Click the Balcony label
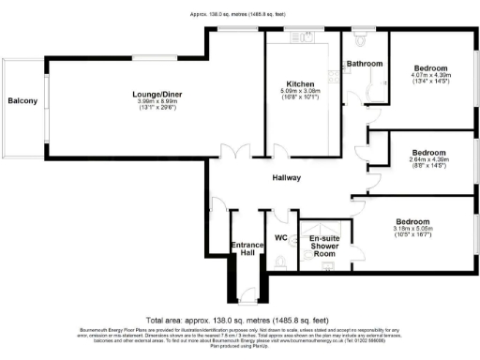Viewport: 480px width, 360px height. tap(22, 100)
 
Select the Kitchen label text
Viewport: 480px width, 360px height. tap(300, 84)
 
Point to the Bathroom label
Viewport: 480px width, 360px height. tap(365, 64)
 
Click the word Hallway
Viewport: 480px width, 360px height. tap(286, 177)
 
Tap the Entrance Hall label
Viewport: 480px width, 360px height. tap(247, 249)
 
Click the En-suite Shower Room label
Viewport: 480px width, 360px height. tap(324, 246)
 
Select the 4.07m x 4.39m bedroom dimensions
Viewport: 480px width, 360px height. tap(430, 80)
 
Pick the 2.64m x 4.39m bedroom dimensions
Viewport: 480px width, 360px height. tap(430, 161)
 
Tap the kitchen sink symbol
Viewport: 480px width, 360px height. tap(303, 39)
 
